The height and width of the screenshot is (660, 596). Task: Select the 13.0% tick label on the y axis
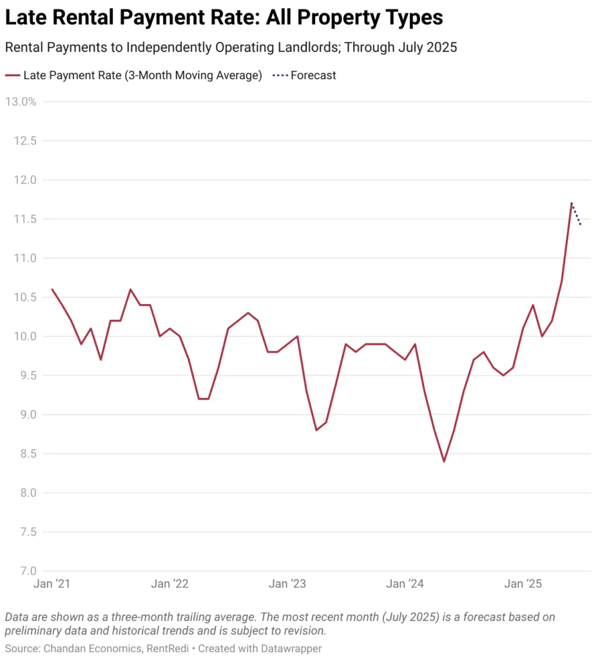pyautogui.click(x=21, y=102)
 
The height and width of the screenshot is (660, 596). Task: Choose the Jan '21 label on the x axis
pyautogui.click(x=52, y=584)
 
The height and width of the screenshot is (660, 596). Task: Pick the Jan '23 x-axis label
pyautogui.click(x=287, y=584)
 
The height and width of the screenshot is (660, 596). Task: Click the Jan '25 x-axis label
pyautogui.click(x=523, y=584)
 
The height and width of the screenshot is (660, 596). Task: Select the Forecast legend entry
pyautogui.click(x=313, y=75)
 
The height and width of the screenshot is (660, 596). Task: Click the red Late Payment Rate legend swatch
pyautogui.click(x=13, y=75)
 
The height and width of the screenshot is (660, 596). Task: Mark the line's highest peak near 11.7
pyautogui.click(x=572, y=203)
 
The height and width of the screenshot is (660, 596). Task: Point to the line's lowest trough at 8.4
pyautogui.click(x=444, y=461)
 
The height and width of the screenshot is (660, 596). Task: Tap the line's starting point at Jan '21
pyautogui.click(x=52, y=289)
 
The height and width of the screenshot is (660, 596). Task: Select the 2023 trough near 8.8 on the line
pyautogui.click(x=316, y=430)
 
